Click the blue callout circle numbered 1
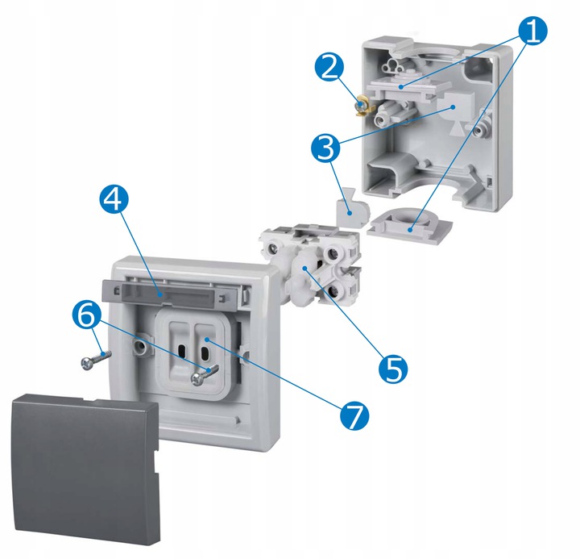[x=532, y=31]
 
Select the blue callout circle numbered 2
[x=329, y=67]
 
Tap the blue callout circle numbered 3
[x=325, y=148]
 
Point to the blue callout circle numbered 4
[x=114, y=200]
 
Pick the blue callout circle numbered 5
[x=392, y=369]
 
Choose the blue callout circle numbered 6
[x=87, y=315]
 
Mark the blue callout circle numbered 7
[x=354, y=415]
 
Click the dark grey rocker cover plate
[x=86, y=469]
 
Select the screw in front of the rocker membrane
[x=204, y=375]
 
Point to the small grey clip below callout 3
[x=353, y=207]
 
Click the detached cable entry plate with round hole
[x=410, y=226]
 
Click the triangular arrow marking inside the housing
[x=458, y=127]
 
